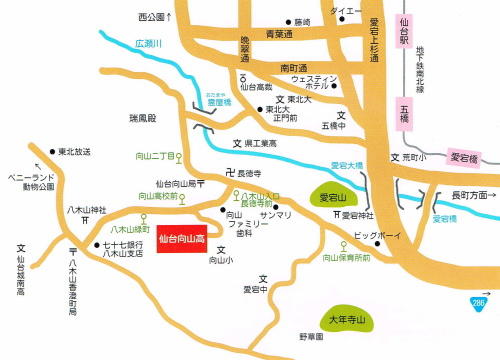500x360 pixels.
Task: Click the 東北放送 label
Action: tap(75, 151)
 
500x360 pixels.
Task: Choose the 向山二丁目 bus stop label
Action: tap(156, 157)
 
